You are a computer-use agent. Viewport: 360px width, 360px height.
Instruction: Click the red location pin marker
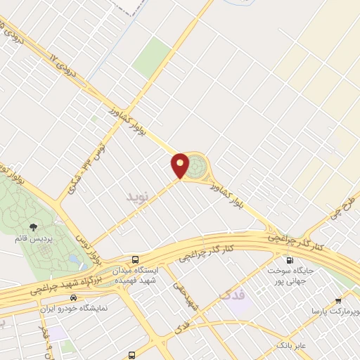pos(181,165)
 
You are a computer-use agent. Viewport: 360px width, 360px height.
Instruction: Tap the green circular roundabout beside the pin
pos(198,167)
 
